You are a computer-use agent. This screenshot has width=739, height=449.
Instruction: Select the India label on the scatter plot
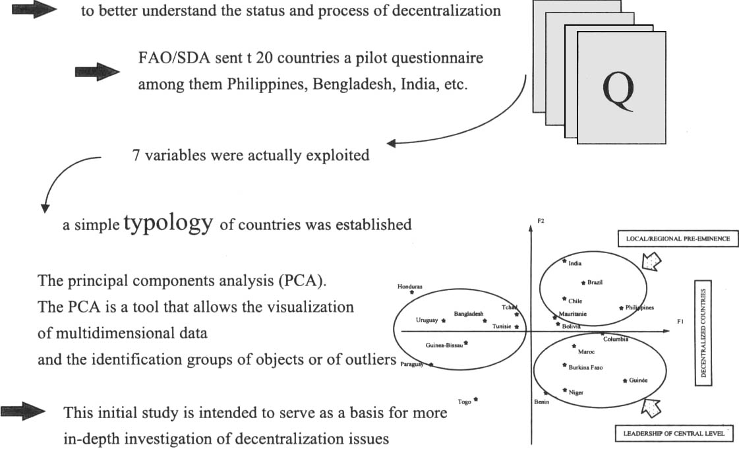[575, 264]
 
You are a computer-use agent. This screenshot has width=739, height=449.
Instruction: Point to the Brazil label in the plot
[595, 282]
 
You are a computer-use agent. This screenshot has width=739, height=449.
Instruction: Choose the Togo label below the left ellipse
[464, 402]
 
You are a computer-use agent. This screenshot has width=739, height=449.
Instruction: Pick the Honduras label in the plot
[409, 287]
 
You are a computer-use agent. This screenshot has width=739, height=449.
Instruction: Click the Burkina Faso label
[585, 367]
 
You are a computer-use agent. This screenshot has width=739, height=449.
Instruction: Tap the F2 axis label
[541, 220]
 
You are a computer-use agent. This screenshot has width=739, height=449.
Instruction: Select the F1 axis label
[680, 321]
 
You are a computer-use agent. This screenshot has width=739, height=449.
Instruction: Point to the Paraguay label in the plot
[412, 364]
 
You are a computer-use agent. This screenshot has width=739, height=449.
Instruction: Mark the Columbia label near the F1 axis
[616, 340]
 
